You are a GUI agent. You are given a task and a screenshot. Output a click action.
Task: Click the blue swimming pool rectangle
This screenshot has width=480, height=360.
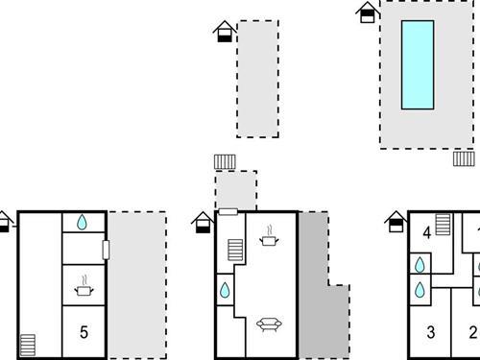pos(417,64)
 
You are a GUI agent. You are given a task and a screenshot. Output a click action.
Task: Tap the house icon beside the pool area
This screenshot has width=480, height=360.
pos(366,12)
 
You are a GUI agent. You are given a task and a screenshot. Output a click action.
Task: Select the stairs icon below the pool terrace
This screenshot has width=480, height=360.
pos(465,158)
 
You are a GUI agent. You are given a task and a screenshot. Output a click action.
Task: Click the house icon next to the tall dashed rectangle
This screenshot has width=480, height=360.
pos(224,32)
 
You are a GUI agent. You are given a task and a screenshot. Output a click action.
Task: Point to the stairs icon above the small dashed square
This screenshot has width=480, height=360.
pos(226,161)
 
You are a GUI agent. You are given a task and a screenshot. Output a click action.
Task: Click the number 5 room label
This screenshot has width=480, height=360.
pos(84,333)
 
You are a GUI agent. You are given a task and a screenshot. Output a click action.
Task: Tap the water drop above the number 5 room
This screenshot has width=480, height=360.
pos(83,223)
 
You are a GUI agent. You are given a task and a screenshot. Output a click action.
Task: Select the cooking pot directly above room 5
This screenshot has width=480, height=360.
pos(84,285)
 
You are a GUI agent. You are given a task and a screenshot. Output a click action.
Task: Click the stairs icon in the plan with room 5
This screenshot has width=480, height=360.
pos(29,342)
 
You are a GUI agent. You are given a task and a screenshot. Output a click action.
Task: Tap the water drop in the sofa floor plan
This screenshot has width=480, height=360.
pos(225,289)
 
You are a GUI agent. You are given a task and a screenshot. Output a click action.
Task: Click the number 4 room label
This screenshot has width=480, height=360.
pos(426,231)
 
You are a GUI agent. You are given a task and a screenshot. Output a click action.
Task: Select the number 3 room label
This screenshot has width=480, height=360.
pos(431,333)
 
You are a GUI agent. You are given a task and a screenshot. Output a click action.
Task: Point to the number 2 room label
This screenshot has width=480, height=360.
pos(471,333)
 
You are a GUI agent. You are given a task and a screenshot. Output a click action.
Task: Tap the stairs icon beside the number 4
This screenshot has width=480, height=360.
pos(443,225)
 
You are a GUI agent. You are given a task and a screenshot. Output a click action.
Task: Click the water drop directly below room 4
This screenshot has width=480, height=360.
pos(420,264)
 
